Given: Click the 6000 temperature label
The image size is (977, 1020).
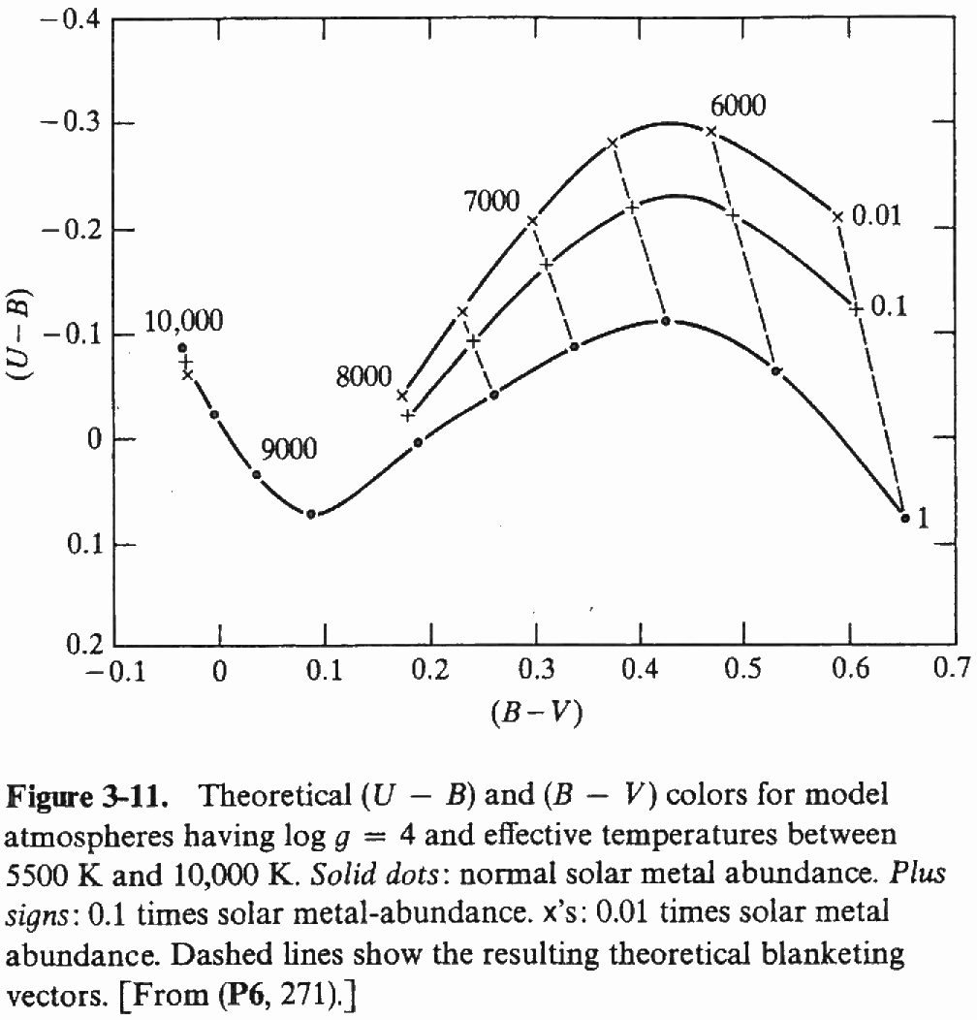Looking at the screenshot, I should (738, 106).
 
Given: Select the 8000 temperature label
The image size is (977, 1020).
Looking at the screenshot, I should (363, 377).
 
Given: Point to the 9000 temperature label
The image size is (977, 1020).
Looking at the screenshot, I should (289, 449).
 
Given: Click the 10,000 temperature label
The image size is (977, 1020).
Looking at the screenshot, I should (183, 322).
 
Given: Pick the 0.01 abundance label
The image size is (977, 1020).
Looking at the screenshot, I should (876, 215).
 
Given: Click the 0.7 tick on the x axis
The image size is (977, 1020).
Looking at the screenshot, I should (954, 671).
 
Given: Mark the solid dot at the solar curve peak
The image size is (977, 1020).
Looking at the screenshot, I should (665, 320).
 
